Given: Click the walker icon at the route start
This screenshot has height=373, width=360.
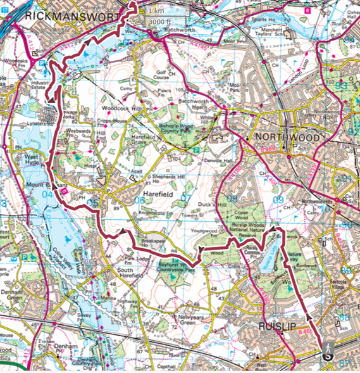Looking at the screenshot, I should [328, 351].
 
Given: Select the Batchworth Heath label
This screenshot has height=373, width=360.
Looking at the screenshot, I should [193, 104].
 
